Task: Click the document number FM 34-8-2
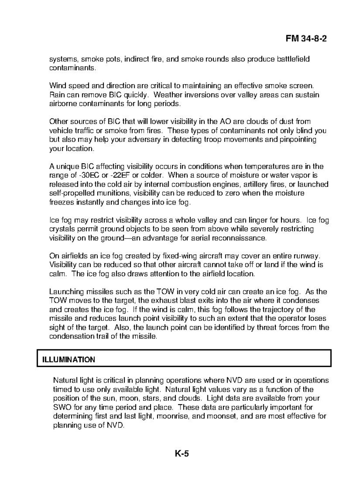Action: tap(306, 39)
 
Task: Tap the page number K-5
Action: tap(181, 453)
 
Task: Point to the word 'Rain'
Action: tap(56, 95)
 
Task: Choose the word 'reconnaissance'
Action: tap(242, 238)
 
